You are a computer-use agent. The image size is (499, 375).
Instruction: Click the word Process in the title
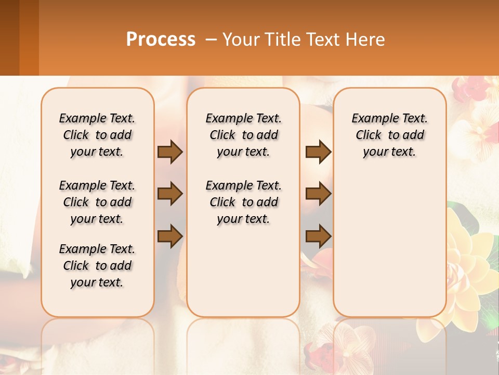[161, 40]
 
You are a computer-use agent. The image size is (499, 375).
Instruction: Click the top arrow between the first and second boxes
[170, 152]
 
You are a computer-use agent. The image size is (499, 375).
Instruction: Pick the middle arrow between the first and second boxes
[170, 194]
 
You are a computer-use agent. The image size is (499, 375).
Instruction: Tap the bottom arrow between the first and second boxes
[170, 236]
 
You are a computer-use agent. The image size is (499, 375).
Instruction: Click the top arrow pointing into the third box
[318, 152]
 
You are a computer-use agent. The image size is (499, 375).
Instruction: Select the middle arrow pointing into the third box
[318, 194]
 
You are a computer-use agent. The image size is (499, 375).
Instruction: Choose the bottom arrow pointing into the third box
[318, 236]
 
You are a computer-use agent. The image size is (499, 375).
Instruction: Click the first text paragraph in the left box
[97, 135]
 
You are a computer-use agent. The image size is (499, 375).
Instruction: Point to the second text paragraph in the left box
[97, 202]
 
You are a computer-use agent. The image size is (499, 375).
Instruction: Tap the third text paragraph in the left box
[97, 266]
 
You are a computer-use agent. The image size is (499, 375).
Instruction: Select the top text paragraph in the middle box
[243, 135]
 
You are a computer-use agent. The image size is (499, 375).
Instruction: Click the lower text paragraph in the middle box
[243, 202]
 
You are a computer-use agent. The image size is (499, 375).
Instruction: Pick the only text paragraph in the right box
[389, 135]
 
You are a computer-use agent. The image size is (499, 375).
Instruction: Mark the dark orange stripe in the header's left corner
[29, 37]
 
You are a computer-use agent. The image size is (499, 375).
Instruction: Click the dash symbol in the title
[212, 40]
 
